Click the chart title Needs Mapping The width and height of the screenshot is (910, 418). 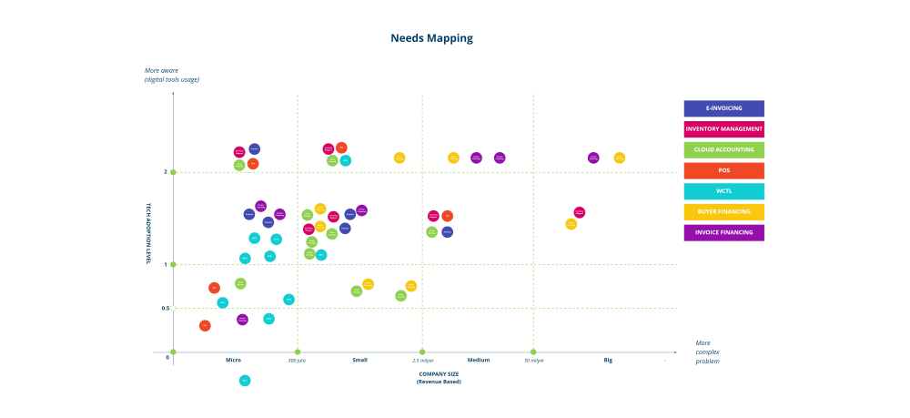431,38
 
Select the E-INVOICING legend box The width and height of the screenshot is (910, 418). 723,108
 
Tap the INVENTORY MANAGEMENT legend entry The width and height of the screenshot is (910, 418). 723,129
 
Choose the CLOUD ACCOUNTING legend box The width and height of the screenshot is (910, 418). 723,150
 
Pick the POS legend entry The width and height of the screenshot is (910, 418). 723,170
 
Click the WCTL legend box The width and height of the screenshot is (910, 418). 723,191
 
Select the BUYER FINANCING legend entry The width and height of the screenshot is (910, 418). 723,212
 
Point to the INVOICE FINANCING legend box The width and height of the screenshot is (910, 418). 723,232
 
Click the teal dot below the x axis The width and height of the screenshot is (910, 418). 245,381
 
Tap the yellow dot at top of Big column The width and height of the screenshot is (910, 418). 620,158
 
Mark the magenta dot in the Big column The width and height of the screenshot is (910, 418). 580,212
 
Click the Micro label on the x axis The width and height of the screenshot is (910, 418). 233,360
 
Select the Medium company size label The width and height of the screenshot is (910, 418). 479,360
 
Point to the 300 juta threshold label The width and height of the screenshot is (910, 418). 297,361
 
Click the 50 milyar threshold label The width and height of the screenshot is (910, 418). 533,361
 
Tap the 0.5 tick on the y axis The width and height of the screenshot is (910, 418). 166,308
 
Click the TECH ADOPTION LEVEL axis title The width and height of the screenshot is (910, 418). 148,233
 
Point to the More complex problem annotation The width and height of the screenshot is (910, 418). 708,352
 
